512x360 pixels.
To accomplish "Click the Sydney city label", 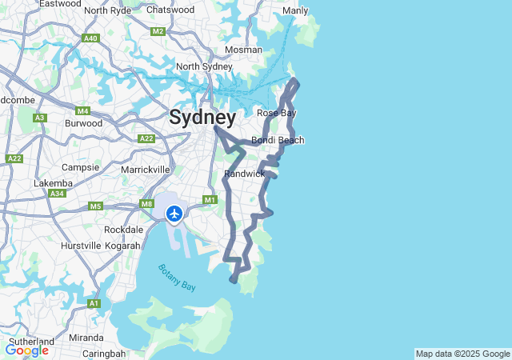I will click(202, 118).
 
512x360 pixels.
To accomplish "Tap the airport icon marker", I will click(174, 214).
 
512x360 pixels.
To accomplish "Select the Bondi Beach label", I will click(278, 141).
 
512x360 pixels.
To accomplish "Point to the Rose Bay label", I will click(276, 113).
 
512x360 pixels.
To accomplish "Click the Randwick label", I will click(244, 174).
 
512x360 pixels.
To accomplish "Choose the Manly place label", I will click(295, 11).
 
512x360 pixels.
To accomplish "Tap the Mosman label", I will click(243, 50).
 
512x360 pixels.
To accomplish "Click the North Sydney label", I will click(204, 66).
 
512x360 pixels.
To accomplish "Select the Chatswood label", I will click(170, 10).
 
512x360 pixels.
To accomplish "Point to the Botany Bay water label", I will click(177, 277).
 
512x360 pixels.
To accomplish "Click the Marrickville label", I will click(145, 170).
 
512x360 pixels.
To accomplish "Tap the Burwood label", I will click(83, 123).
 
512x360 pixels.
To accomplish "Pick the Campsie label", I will click(80, 167).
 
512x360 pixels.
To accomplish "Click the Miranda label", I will click(86, 338).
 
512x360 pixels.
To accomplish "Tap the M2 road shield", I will click(158, 31).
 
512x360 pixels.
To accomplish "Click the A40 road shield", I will click(90, 38).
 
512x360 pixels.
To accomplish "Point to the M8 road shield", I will click(146, 204).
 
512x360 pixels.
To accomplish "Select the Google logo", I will click(26, 350).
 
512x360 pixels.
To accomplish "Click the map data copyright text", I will click(462, 354).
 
